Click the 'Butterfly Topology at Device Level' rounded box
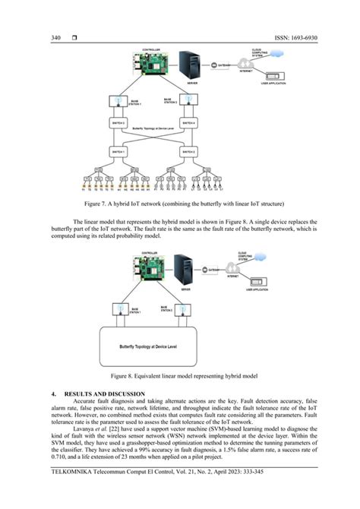179,346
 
